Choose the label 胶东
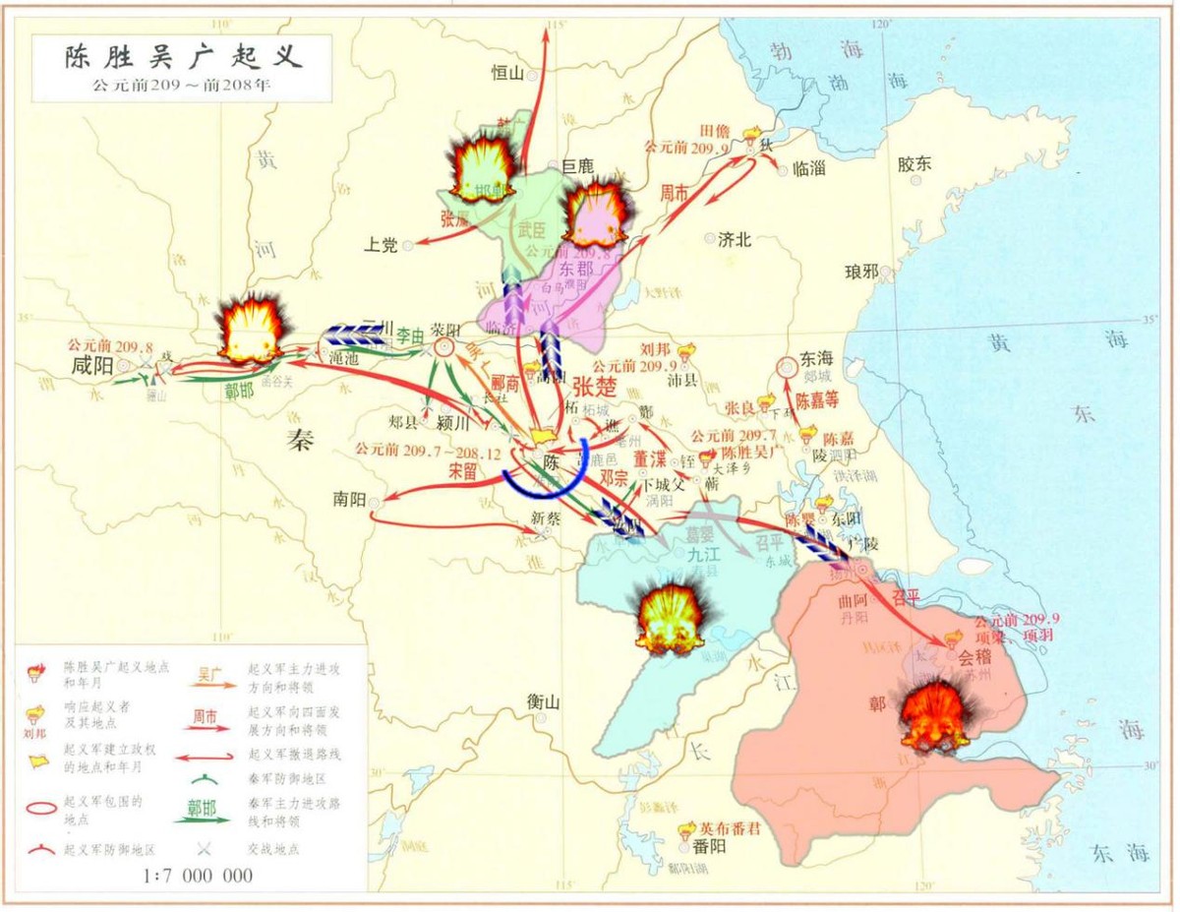914,164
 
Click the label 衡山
543,702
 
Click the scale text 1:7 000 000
198,876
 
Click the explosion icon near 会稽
935,715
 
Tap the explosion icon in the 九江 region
671,617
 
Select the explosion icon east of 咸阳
250,328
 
